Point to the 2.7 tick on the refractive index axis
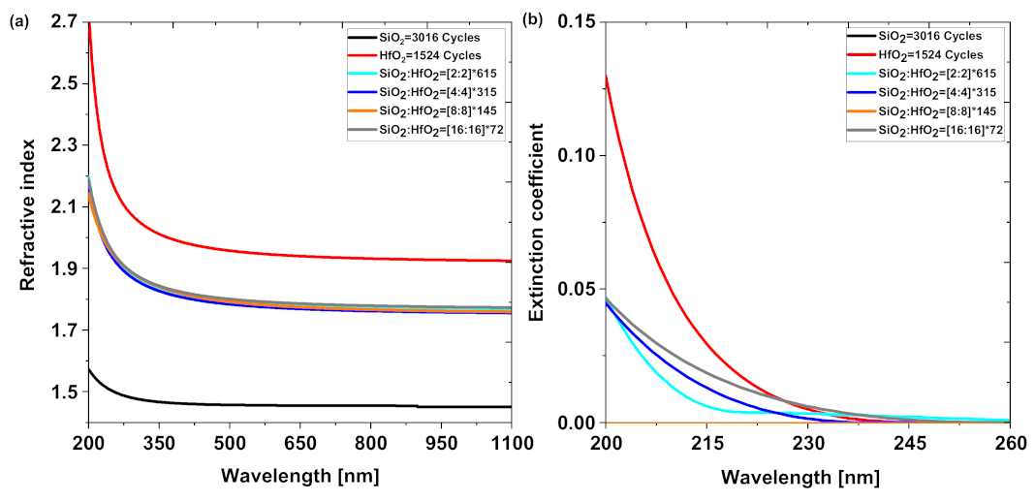click(64, 21)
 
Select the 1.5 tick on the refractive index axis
click(64, 392)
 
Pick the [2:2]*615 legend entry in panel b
click(933, 74)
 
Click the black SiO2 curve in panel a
click(291, 404)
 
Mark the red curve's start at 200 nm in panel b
click(607, 75)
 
